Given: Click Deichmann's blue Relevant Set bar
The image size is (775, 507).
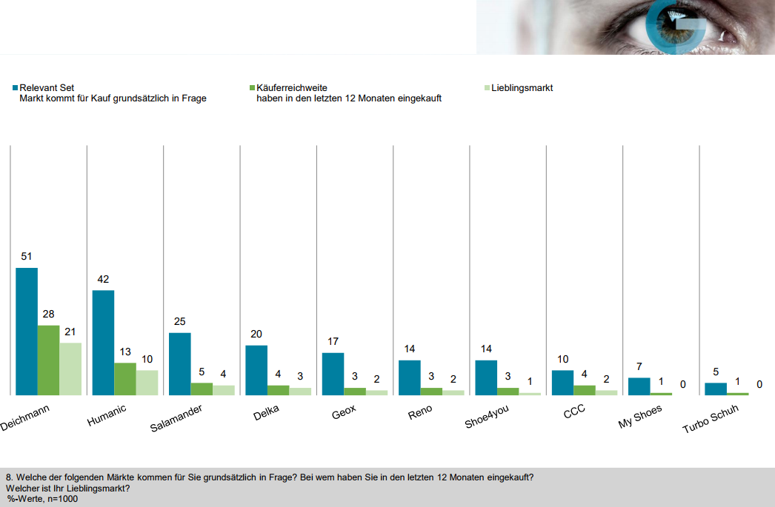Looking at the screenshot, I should [x=27, y=331].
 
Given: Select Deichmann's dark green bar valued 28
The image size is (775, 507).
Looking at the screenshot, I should [x=49, y=360].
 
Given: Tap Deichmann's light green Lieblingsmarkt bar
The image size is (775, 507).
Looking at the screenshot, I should [x=70, y=369].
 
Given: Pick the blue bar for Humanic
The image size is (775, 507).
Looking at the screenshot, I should [x=103, y=343].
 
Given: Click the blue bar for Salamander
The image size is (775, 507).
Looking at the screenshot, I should [x=180, y=363].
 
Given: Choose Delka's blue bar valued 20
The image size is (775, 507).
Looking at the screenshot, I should [x=256, y=370].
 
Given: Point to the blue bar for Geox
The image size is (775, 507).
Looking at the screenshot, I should [x=333, y=374].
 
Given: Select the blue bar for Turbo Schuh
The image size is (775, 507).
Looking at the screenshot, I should [x=716, y=389].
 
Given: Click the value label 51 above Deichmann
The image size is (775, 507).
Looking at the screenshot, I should [x=27, y=257].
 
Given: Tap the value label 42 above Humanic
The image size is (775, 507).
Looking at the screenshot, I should [x=103, y=280].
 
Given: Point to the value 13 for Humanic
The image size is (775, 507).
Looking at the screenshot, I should [x=125, y=352].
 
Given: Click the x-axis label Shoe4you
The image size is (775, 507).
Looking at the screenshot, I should [x=487, y=417].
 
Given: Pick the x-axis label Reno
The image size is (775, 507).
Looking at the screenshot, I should [x=420, y=412].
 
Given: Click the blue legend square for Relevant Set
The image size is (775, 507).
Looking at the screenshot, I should [x=16, y=88].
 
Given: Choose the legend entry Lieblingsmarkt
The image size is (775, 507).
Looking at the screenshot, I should [x=522, y=88].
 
